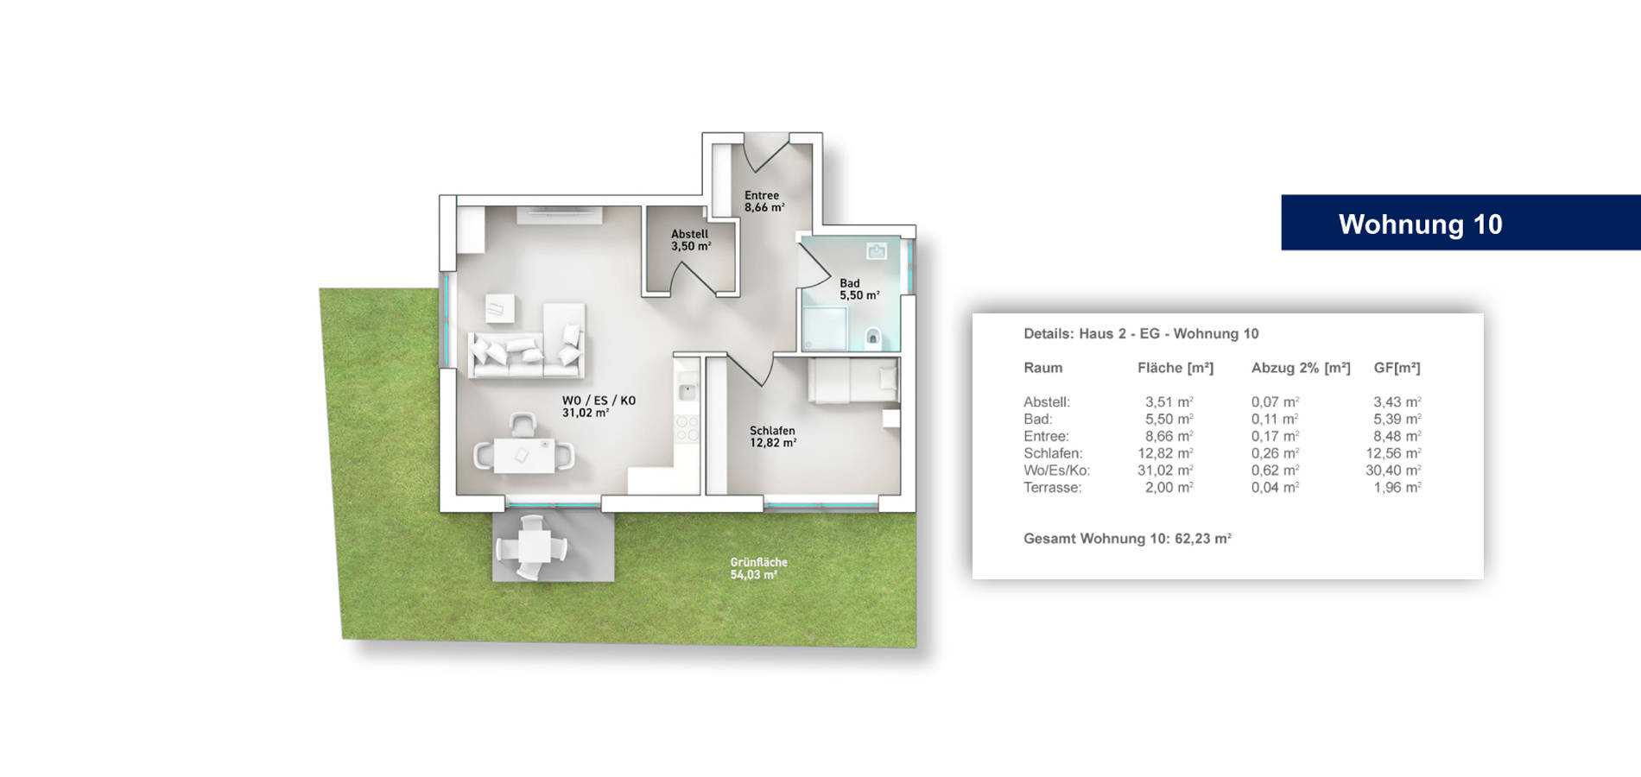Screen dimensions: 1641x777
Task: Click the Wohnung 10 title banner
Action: (1460, 223)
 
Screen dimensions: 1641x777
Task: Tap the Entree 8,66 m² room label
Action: (764, 202)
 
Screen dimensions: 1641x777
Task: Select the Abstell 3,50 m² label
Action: (691, 240)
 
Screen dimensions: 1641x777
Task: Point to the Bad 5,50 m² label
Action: (859, 289)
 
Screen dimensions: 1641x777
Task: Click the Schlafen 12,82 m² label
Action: (773, 437)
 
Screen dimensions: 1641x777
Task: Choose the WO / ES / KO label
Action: (599, 401)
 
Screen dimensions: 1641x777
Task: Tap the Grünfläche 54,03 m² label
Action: (758, 568)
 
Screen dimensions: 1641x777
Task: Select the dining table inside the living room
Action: (524, 455)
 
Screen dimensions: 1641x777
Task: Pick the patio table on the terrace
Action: (531, 546)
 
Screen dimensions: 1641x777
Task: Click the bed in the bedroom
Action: (853, 381)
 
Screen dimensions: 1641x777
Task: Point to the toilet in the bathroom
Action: (872, 336)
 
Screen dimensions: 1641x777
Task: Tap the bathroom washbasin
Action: (877, 251)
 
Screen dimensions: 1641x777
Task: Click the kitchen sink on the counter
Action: (687, 392)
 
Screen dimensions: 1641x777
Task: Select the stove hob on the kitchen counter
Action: (687, 428)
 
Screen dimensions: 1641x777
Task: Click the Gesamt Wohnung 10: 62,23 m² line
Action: (1127, 539)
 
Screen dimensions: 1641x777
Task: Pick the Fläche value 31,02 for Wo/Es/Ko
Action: (1165, 471)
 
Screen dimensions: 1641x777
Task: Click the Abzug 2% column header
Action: (1301, 368)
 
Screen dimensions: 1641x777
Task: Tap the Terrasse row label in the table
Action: (1052, 488)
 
